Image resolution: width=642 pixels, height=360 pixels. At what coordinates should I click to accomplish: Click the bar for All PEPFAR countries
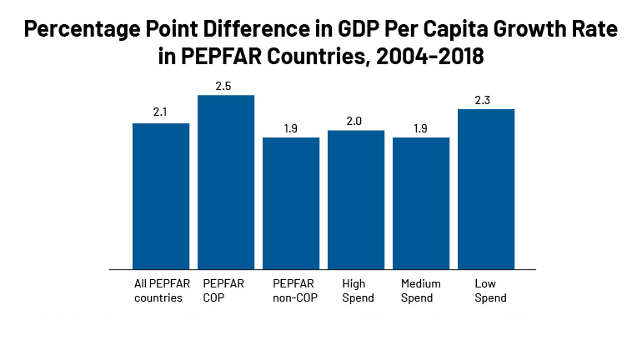click(161, 196)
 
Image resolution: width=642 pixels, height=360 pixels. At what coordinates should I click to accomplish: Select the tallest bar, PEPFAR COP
click(226, 182)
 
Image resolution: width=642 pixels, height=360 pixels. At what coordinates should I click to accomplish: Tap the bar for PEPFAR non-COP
click(291, 202)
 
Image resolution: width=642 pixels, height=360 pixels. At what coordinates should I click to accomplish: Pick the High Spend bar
click(356, 199)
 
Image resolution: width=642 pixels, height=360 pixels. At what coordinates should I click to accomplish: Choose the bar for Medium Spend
click(421, 202)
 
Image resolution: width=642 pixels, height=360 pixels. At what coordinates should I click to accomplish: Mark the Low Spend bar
click(486, 188)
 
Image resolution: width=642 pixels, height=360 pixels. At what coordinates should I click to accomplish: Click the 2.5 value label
click(226, 86)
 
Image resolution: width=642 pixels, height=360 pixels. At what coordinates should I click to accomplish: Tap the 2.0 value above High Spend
click(356, 121)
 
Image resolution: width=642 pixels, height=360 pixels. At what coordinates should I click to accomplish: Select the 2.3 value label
click(486, 99)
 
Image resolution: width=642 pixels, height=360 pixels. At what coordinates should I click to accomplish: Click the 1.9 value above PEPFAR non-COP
click(291, 127)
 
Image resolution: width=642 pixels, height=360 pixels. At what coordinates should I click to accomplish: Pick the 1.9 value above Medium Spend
click(421, 127)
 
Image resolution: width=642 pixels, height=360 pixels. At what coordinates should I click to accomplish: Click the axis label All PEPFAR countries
click(162, 290)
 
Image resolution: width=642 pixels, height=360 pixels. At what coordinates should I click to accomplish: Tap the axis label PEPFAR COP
click(223, 290)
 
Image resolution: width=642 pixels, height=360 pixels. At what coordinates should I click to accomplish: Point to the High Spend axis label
click(354, 290)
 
